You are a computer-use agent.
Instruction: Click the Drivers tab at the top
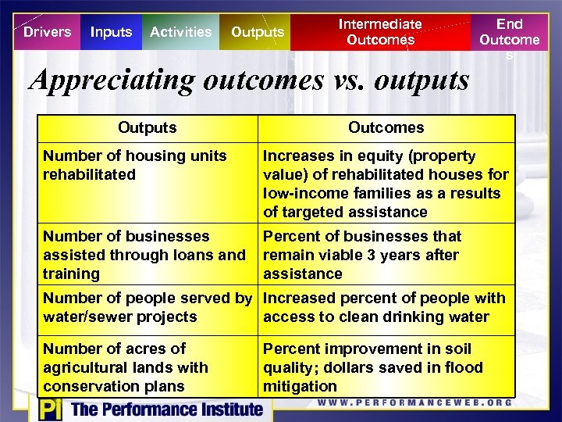pyautogui.click(x=47, y=32)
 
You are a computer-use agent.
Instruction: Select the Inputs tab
pyautogui.click(x=111, y=32)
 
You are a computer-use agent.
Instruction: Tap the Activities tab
pyautogui.click(x=180, y=32)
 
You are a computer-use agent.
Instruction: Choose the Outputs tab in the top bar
pyautogui.click(x=258, y=32)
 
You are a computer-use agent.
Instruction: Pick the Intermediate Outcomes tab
pyautogui.click(x=380, y=32)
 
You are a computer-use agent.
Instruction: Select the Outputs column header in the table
pyautogui.click(x=148, y=127)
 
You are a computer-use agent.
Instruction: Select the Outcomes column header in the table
pyautogui.click(x=386, y=127)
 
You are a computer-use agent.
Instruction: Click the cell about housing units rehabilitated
pyautogui.click(x=148, y=182)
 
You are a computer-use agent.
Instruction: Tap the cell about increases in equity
pyautogui.click(x=386, y=184)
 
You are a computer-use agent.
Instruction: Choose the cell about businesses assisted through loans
pyautogui.click(x=148, y=255)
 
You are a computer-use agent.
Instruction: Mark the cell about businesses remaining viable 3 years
pyautogui.click(x=386, y=255)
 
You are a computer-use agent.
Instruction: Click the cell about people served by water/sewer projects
pyautogui.click(x=148, y=307)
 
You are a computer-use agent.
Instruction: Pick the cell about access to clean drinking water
pyautogui.click(x=386, y=307)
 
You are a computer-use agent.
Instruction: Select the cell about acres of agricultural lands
pyautogui.click(x=148, y=367)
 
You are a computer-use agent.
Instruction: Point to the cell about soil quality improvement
pyautogui.click(x=386, y=367)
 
